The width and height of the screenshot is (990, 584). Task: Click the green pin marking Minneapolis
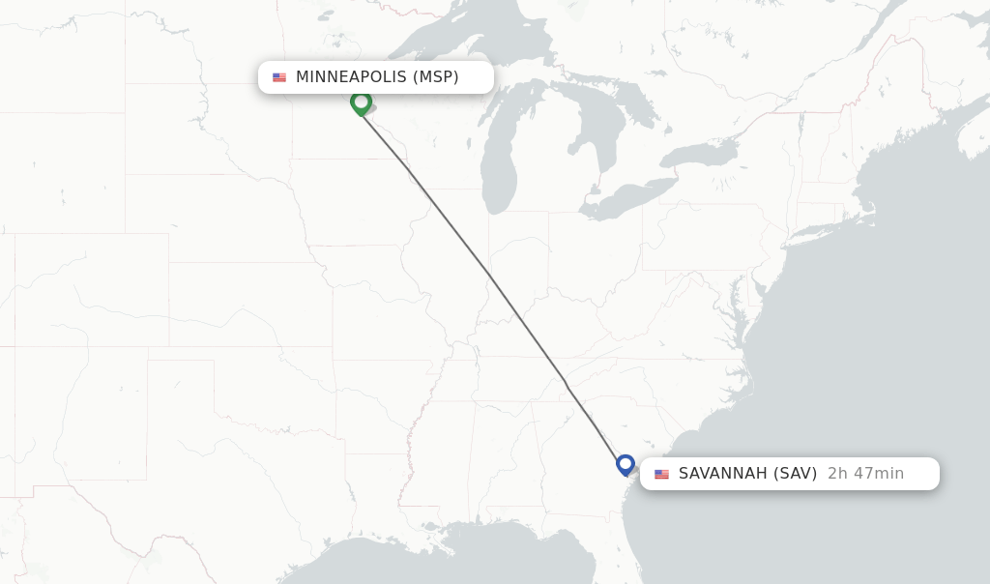coord(361,102)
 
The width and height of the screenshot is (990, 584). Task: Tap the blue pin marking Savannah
coord(626,465)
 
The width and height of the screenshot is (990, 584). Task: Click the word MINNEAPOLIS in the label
coord(351,77)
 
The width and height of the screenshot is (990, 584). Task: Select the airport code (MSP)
coord(436,77)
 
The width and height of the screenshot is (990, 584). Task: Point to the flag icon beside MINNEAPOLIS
coord(279,77)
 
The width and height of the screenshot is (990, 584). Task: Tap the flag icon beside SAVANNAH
coord(661,474)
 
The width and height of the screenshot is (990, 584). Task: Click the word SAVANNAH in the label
coord(722,474)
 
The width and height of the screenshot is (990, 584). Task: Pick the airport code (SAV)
coord(795,474)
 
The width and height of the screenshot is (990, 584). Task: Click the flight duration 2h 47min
coord(865,474)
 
